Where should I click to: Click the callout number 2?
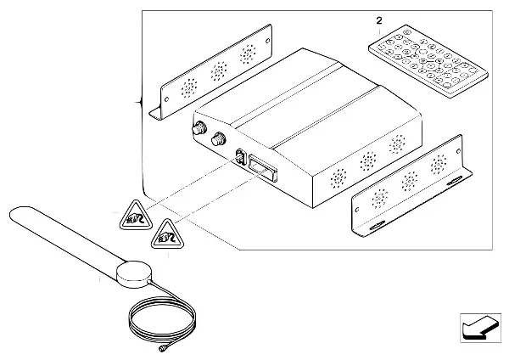379,19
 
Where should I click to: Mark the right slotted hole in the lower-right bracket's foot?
461,177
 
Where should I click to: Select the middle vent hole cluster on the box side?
367,160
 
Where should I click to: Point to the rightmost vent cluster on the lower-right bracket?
439,164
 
